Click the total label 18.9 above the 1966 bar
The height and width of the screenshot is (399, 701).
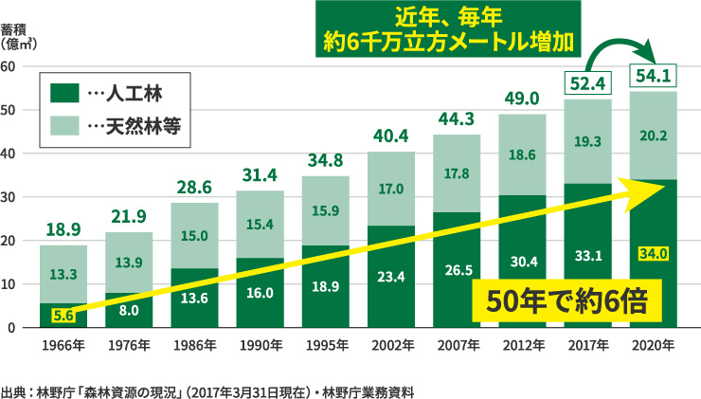63,229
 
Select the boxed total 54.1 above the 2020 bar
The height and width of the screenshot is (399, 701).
654,76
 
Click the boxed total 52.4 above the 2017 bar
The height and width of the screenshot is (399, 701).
587,84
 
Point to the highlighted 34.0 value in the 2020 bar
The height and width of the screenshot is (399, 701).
654,253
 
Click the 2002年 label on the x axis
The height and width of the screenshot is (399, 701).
391,346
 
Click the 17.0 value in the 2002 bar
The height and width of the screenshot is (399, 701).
391,189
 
